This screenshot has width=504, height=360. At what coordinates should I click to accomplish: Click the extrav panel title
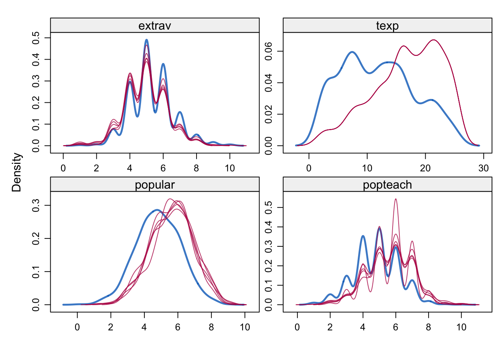(x=154, y=25)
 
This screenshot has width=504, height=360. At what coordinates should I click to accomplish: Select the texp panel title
(x=387, y=25)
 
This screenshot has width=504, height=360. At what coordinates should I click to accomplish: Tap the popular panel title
(x=154, y=184)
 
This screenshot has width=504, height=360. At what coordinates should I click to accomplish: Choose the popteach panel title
(x=387, y=184)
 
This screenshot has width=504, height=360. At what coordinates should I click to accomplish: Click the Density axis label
(x=17, y=172)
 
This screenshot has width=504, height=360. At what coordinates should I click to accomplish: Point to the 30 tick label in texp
(x=483, y=168)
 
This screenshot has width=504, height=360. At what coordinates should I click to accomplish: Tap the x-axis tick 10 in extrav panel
(x=230, y=168)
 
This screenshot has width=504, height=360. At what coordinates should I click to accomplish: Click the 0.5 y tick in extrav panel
(x=36, y=38)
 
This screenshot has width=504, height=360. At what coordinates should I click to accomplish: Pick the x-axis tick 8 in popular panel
(x=211, y=327)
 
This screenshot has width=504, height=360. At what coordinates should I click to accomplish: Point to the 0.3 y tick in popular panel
(x=36, y=205)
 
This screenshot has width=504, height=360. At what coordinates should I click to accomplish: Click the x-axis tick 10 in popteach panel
(x=461, y=327)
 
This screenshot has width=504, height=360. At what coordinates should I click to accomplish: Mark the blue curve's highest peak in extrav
(x=146, y=40)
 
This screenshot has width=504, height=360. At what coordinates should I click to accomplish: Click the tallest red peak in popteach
(x=396, y=199)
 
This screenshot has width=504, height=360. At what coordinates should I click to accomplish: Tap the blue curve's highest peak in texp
(x=352, y=52)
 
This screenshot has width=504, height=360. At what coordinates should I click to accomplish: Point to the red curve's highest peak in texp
(x=433, y=40)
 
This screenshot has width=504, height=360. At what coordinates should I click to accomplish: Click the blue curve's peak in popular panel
(x=157, y=210)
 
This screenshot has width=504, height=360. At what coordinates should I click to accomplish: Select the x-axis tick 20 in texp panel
(x=425, y=168)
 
